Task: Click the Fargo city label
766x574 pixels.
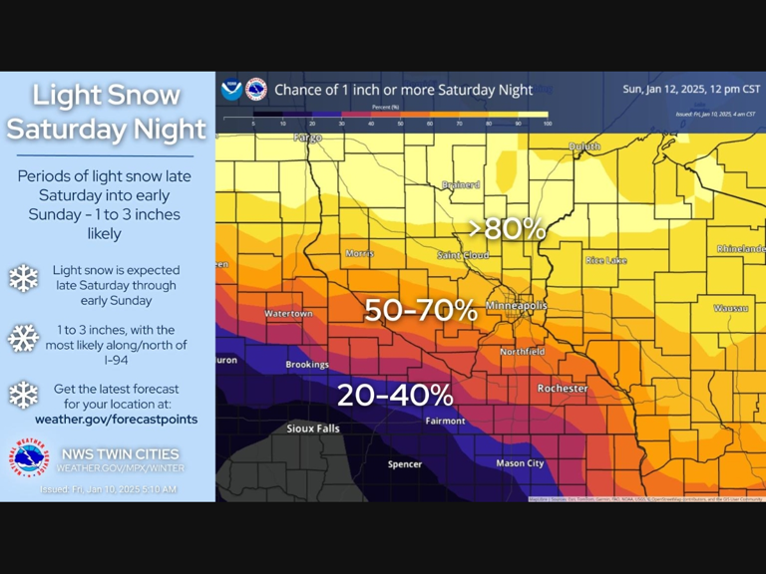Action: [x=307, y=138]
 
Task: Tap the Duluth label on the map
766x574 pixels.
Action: [x=584, y=146]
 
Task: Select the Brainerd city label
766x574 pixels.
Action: [x=461, y=184]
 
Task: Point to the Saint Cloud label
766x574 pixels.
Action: [x=463, y=256]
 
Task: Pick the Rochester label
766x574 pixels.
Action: [x=563, y=388]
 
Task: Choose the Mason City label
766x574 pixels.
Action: [x=521, y=463]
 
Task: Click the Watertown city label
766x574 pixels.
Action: [x=288, y=314]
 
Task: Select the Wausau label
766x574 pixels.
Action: [x=731, y=308]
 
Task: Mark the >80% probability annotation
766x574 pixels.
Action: [x=508, y=228]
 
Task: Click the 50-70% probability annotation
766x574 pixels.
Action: [x=420, y=310]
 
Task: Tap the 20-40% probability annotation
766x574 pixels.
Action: [x=395, y=395]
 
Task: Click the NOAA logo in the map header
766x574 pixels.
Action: [x=231, y=90]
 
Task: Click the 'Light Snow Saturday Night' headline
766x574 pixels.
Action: [x=107, y=112]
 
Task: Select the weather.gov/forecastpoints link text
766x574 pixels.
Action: [x=116, y=420]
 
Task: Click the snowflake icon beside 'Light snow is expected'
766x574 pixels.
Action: [x=23, y=278]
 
